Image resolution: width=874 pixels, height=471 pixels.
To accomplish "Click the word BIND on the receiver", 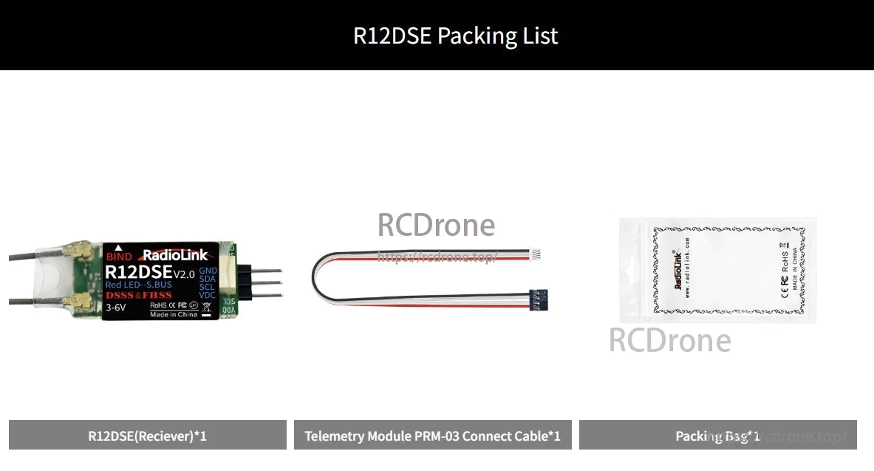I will point(119,257).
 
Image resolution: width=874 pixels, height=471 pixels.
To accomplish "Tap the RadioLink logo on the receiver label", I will point(174,256).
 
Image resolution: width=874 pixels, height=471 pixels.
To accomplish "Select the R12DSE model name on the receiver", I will point(138,274).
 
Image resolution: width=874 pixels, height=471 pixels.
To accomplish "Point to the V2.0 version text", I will point(184,274).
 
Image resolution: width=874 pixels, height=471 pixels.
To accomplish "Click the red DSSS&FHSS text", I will point(139,295).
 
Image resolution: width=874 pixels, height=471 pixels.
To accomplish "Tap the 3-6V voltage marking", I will point(116,307).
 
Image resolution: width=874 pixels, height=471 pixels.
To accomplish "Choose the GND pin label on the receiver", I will point(208,271).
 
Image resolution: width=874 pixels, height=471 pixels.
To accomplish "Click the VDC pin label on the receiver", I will point(208,296).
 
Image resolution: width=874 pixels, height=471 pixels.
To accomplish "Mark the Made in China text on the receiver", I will point(174,314).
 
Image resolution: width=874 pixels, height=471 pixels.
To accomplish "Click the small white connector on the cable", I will point(536,254).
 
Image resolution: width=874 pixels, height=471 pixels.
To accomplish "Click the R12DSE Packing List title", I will point(455,35).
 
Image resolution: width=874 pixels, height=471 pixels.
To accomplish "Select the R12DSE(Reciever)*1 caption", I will point(147,436).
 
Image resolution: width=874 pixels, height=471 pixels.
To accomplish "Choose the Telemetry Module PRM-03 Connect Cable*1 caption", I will point(432,436).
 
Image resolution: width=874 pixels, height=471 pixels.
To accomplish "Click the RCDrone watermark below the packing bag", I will point(669,340).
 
